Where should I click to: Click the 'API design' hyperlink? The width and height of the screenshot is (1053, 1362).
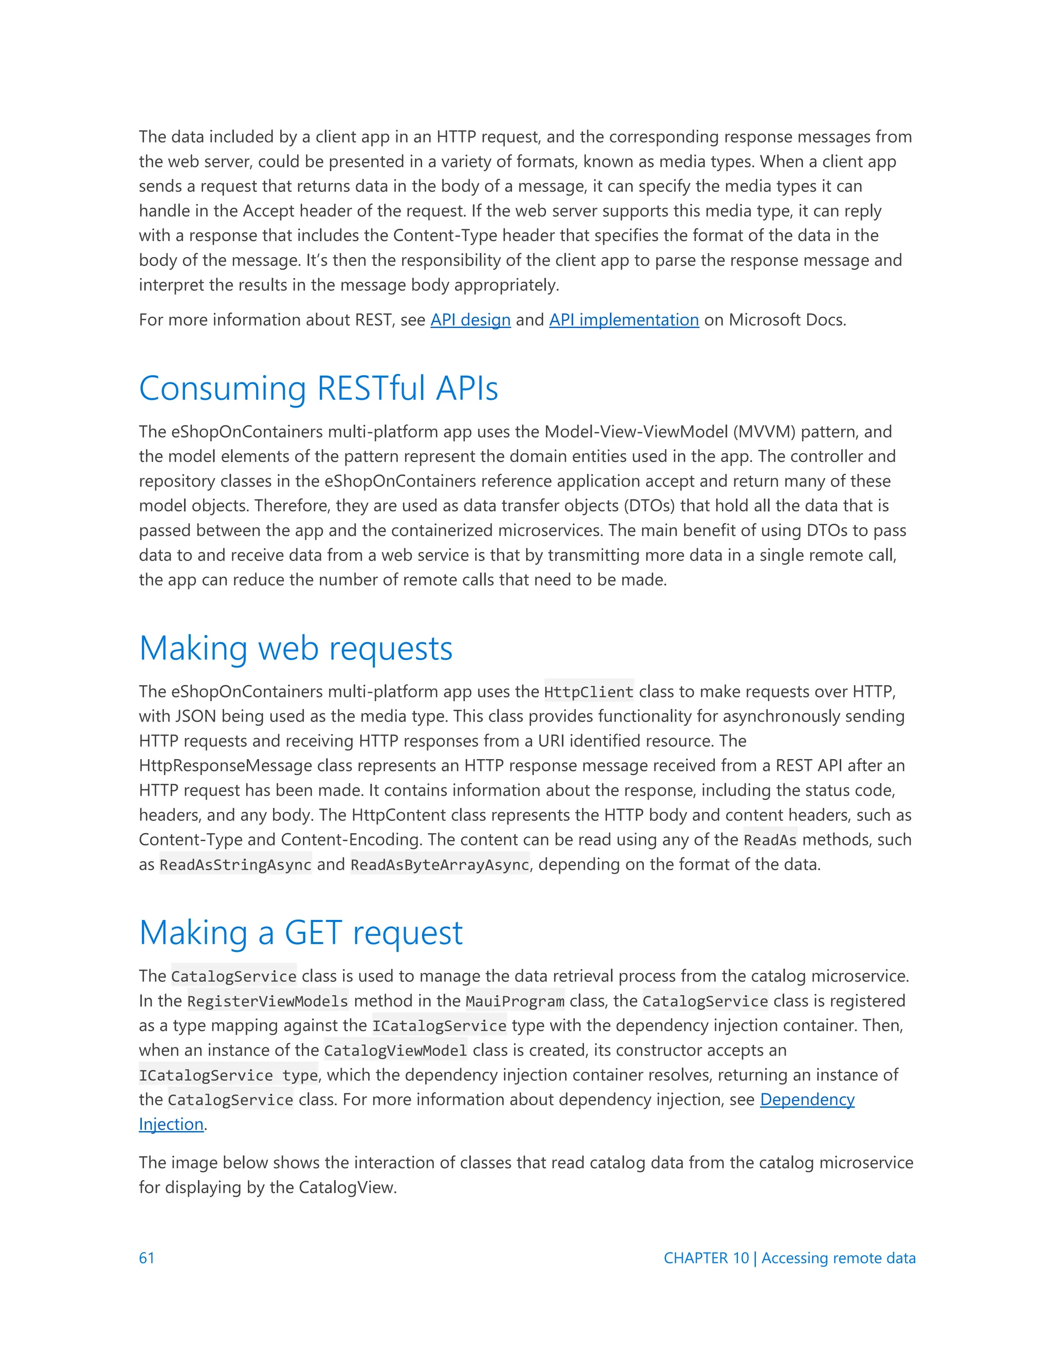(470, 320)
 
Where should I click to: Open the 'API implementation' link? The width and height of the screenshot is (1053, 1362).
(624, 320)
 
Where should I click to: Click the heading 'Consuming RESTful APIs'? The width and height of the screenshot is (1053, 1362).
(318, 388)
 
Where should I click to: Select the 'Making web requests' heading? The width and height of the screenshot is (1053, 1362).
(296, 648)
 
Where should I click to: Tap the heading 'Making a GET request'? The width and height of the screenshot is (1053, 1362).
(301, 932)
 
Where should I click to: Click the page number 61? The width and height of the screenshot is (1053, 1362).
(147, 1258)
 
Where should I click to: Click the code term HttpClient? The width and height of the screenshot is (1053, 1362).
(589, 692)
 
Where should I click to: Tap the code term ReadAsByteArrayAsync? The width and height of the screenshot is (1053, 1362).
(440, 864)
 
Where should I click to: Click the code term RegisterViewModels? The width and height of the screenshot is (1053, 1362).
(267, 1001)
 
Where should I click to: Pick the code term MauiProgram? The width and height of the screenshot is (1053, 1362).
(515, 1001)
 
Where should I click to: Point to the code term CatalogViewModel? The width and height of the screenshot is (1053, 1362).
(395, 1050)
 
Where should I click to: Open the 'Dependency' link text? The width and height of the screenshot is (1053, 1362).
(807, 1099)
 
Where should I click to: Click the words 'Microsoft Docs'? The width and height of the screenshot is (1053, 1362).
(787, 320)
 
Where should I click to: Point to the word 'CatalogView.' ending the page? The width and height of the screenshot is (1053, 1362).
(348, 1187)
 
